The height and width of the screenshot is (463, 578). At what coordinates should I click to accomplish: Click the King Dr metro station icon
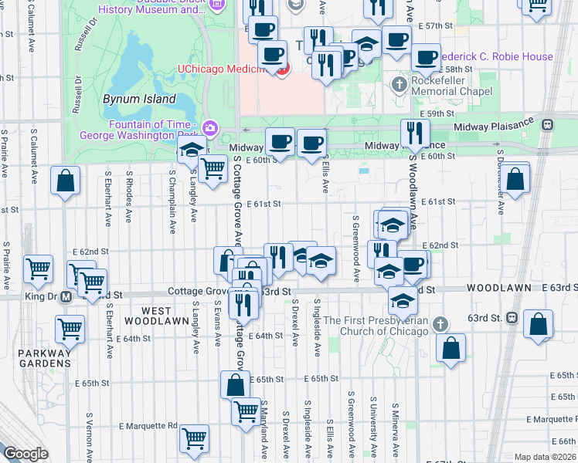[x=67, y=296]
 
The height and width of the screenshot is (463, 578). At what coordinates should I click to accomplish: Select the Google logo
[x=25, y=454]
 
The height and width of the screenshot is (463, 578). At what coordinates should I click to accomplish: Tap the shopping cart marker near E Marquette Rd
[x=195, y=439]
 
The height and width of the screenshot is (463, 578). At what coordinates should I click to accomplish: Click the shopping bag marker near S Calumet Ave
[x=66, y=181]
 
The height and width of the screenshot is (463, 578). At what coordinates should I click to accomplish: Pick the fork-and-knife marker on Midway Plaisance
[x=416, y=133]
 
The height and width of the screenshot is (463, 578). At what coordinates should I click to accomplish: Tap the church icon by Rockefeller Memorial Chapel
[x=399, y=83]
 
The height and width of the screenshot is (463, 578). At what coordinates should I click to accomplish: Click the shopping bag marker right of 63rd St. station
[x=538, y=324]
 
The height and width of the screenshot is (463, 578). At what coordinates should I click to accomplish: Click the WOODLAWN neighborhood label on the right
[x=498, y=288]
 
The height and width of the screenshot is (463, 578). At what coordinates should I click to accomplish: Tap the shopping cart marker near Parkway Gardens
[x=70, y=329]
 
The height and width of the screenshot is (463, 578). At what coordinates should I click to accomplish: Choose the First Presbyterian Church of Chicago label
[x=376, y=326]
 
